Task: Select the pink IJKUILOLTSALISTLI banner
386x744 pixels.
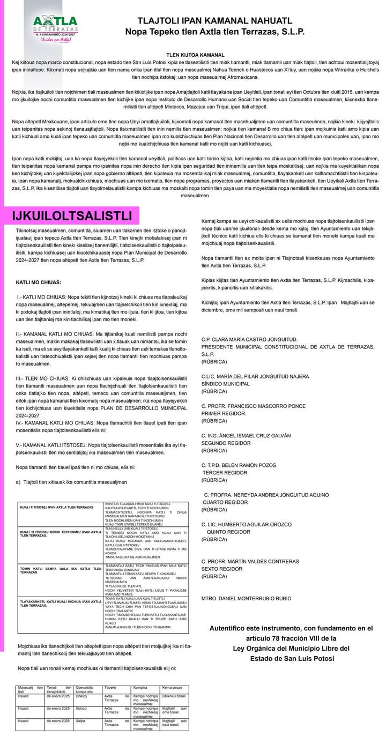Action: (x=72, y=215)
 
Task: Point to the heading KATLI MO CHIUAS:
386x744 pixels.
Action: (x=39, y=282)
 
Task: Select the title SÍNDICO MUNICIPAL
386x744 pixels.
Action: (x=226, y=384)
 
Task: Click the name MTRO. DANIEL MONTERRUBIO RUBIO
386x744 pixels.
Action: (x=246, y=597)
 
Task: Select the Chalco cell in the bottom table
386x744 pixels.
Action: (x=82, y=696)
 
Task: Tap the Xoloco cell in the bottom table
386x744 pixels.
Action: (x=82, y=709)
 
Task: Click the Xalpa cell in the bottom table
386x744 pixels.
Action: (x=81, y=721)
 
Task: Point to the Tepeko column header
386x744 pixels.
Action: (x=110, y=687)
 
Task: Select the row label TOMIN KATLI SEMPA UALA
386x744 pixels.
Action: (x=60, y=569)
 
